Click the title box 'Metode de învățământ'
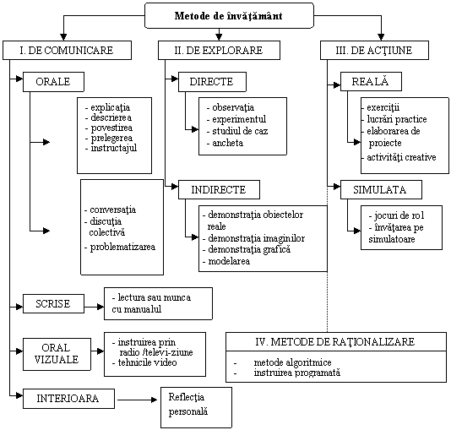click(x=229, y=15)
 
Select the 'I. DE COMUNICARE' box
click(x=67, y=51)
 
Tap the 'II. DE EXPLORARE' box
click(x=219, y=51)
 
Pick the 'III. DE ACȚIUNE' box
click(x=374, y=51)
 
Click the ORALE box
click(x=53, y=82)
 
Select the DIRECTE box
click(x=212, y=82)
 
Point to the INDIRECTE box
click(x=219, y=190)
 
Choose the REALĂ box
click(x=371, y=82)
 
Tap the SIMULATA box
click(x=381, y=190)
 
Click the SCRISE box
click(x=53, y=304)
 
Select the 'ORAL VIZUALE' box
click(x=57, y=354)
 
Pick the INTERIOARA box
click(x=68, y=399)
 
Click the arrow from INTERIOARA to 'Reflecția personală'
click(x=137, y=400)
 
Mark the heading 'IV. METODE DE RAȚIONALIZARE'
click(x=335, y=341)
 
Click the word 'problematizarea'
click(x=122, y=247)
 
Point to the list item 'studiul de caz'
click(x=240, y=131)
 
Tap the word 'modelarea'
click(x=229, y=261)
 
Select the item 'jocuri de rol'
click(x=399, y=215)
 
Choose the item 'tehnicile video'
click(x=147, y=362)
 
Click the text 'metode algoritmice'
click(x=292, y=362)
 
